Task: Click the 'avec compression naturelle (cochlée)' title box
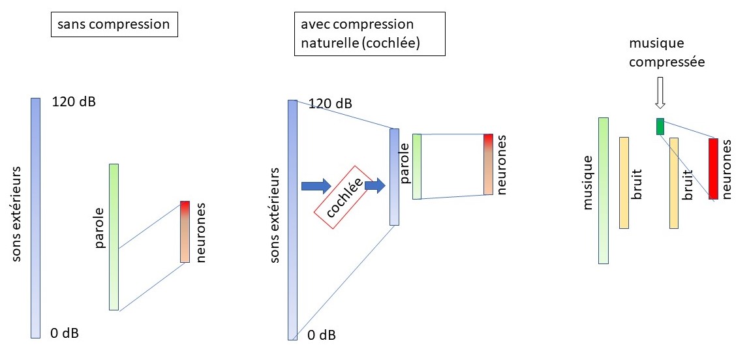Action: (369, 35)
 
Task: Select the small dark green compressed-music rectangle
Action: (660, 127)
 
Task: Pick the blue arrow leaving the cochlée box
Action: (376, 187)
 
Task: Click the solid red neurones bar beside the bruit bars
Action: (713, 168)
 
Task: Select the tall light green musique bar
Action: (604, 190)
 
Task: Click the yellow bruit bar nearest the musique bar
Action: (624, 183)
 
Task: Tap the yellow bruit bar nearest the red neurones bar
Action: (674, 183)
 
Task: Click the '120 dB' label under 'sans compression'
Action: (72, 102)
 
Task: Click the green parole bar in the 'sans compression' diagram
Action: (114, 237)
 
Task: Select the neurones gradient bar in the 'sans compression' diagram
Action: (185, 232)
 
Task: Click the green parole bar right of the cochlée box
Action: (417, 166)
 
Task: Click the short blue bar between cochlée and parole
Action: (394, 177)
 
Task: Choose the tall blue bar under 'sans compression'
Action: (35, 218)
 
